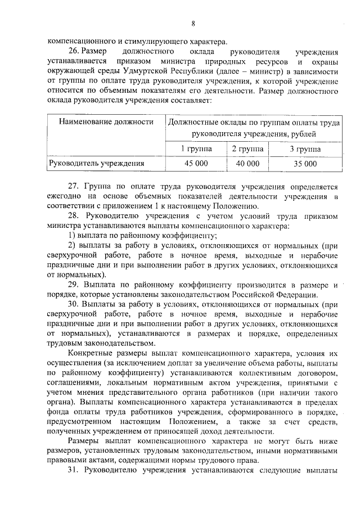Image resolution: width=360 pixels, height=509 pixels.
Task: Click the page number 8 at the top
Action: point(193,23)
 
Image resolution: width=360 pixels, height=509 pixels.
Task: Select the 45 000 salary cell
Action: point(196,164)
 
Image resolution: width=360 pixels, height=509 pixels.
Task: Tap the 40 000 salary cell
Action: point(247,164)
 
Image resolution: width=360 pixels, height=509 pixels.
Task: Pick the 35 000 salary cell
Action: point(305,164)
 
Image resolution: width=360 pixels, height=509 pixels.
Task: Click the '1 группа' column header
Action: point(196,148)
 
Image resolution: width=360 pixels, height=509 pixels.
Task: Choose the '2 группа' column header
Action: point(247,148)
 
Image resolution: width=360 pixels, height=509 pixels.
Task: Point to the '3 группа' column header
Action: point(305,148)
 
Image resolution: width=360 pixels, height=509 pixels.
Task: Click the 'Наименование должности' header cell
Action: point(106,121)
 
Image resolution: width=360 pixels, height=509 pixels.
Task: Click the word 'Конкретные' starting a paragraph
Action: point(91,354)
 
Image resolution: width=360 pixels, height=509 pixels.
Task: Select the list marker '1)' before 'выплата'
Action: point(71,235)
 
